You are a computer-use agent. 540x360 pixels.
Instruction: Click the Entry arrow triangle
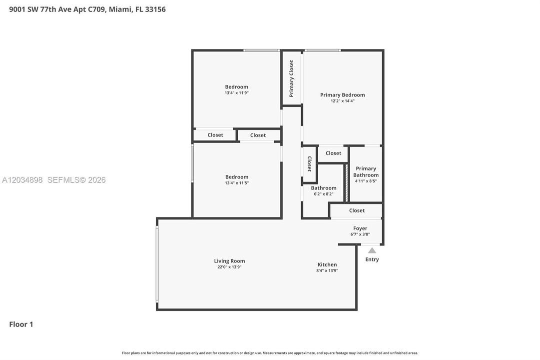coord(372,250)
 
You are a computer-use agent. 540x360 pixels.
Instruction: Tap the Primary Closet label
coord(291,78)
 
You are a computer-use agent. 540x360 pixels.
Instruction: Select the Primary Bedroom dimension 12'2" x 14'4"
coord(342,101)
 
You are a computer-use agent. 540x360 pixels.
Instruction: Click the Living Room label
coord(229,261)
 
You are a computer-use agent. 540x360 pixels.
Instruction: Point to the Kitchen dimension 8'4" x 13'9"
coord(327,270)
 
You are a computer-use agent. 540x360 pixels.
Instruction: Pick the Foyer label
coord(360,228)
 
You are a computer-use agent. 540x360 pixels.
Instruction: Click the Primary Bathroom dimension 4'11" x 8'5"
coord(366,181)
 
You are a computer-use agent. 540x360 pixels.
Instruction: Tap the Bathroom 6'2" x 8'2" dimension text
coord(323,194)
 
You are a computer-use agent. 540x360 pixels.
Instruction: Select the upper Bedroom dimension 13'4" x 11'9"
coord(237,93)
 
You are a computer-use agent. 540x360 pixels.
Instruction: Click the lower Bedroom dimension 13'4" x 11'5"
coord(237,183)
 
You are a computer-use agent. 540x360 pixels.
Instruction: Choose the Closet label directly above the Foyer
coord(357,210)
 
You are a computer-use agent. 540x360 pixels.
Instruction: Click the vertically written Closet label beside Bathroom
coord(309,164)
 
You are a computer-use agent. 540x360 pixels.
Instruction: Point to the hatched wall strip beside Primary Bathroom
coord(347,183)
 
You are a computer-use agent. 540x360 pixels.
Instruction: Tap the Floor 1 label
coord(21,324)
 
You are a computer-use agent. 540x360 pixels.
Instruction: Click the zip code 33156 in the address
coord(155,9)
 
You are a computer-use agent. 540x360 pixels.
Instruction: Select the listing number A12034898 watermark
coord(22,179)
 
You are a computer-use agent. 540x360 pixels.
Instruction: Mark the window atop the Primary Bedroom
coord(322,50)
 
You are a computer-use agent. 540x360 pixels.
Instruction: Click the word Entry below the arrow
coord(372,259)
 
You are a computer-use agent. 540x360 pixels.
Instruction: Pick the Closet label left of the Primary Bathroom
coord(333,153)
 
